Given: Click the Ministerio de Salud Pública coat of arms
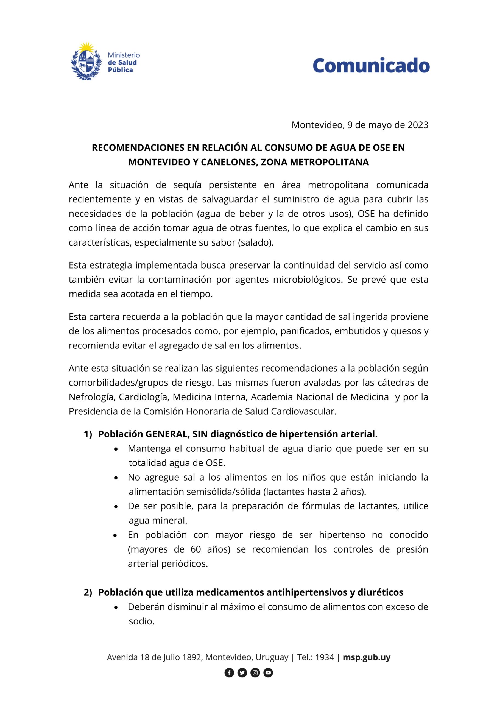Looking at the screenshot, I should [x=86, y=62].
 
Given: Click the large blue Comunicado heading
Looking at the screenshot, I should [x=371, y=66].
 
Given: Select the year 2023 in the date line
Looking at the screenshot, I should [x=418, y=125].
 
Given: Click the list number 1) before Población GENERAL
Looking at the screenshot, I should [x=88, y=434].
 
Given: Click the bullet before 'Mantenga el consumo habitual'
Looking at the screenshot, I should [x=116, y=449].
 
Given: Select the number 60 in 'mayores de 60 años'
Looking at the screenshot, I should [x=196, y=549].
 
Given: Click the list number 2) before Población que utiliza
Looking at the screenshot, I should [x=88, y=592].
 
